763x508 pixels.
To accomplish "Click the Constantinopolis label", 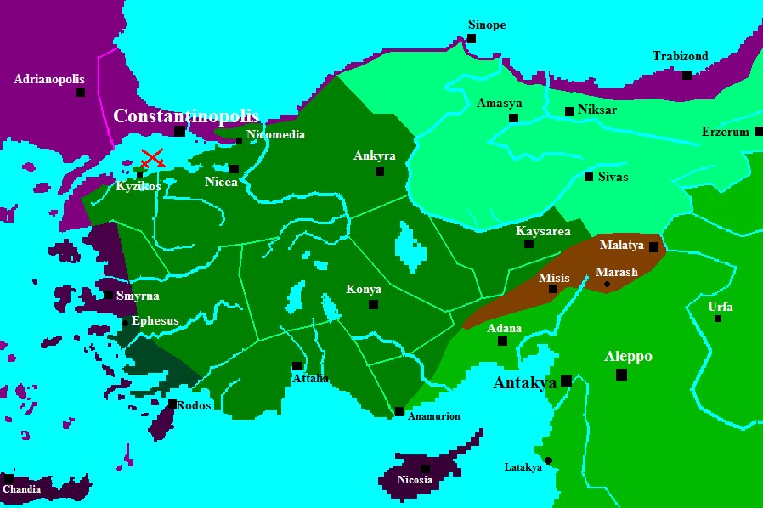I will coord(185,116).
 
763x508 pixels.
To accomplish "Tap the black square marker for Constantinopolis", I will coord(179,131).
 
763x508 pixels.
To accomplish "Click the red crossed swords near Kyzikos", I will coord(153,157).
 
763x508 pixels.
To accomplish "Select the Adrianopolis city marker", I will coord(81,92).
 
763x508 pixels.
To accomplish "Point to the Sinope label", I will coord(487,25).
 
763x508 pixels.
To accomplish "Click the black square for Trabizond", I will coord(687,75).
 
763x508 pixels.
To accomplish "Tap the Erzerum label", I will coord(726,132).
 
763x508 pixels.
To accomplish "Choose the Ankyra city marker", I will coord(380,171).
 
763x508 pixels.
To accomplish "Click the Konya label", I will coord(364,290).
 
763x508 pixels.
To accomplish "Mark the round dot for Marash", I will coord(607,284).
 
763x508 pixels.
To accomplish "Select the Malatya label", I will coord(621,245).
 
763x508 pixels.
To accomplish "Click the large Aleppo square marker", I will coord(621,374).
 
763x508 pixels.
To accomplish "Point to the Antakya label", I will coord(524,383).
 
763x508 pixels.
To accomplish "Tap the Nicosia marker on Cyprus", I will coord(425,468).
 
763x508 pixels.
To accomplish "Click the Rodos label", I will coord(195,405).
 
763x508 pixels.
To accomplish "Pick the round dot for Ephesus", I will coord(125,322).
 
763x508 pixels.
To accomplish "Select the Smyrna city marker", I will coord(108,295).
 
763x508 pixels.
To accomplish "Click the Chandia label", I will coord(21,489).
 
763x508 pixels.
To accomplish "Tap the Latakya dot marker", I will coord(548,460).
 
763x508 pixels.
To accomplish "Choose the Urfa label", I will coord(720,307).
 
